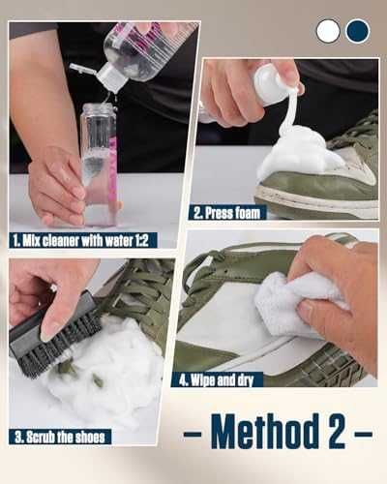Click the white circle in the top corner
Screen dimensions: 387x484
[328, 31]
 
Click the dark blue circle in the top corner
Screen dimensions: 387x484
[357, 31]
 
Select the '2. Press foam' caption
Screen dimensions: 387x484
[227, 213]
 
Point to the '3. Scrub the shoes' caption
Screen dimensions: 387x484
[60, 437]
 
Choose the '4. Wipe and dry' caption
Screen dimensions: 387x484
[217, 379]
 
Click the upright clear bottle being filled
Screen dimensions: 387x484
[99, 165]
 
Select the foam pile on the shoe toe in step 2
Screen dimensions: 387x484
[298, 152]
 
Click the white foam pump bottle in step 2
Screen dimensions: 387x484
[271, 85]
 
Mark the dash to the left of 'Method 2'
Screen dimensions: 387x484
[193, 434]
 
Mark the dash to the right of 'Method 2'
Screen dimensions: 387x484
[363, 434]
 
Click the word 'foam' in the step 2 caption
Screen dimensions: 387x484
[248, 213]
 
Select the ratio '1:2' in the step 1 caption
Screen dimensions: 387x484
[141, 240]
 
